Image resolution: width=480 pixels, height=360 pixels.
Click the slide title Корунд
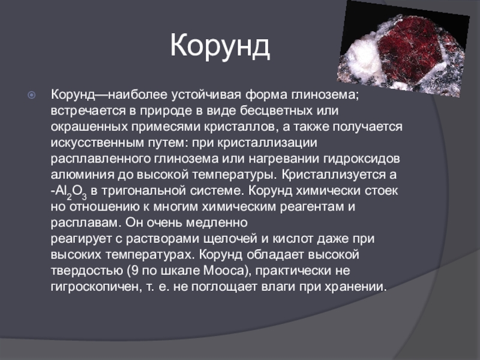coord(220,46)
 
